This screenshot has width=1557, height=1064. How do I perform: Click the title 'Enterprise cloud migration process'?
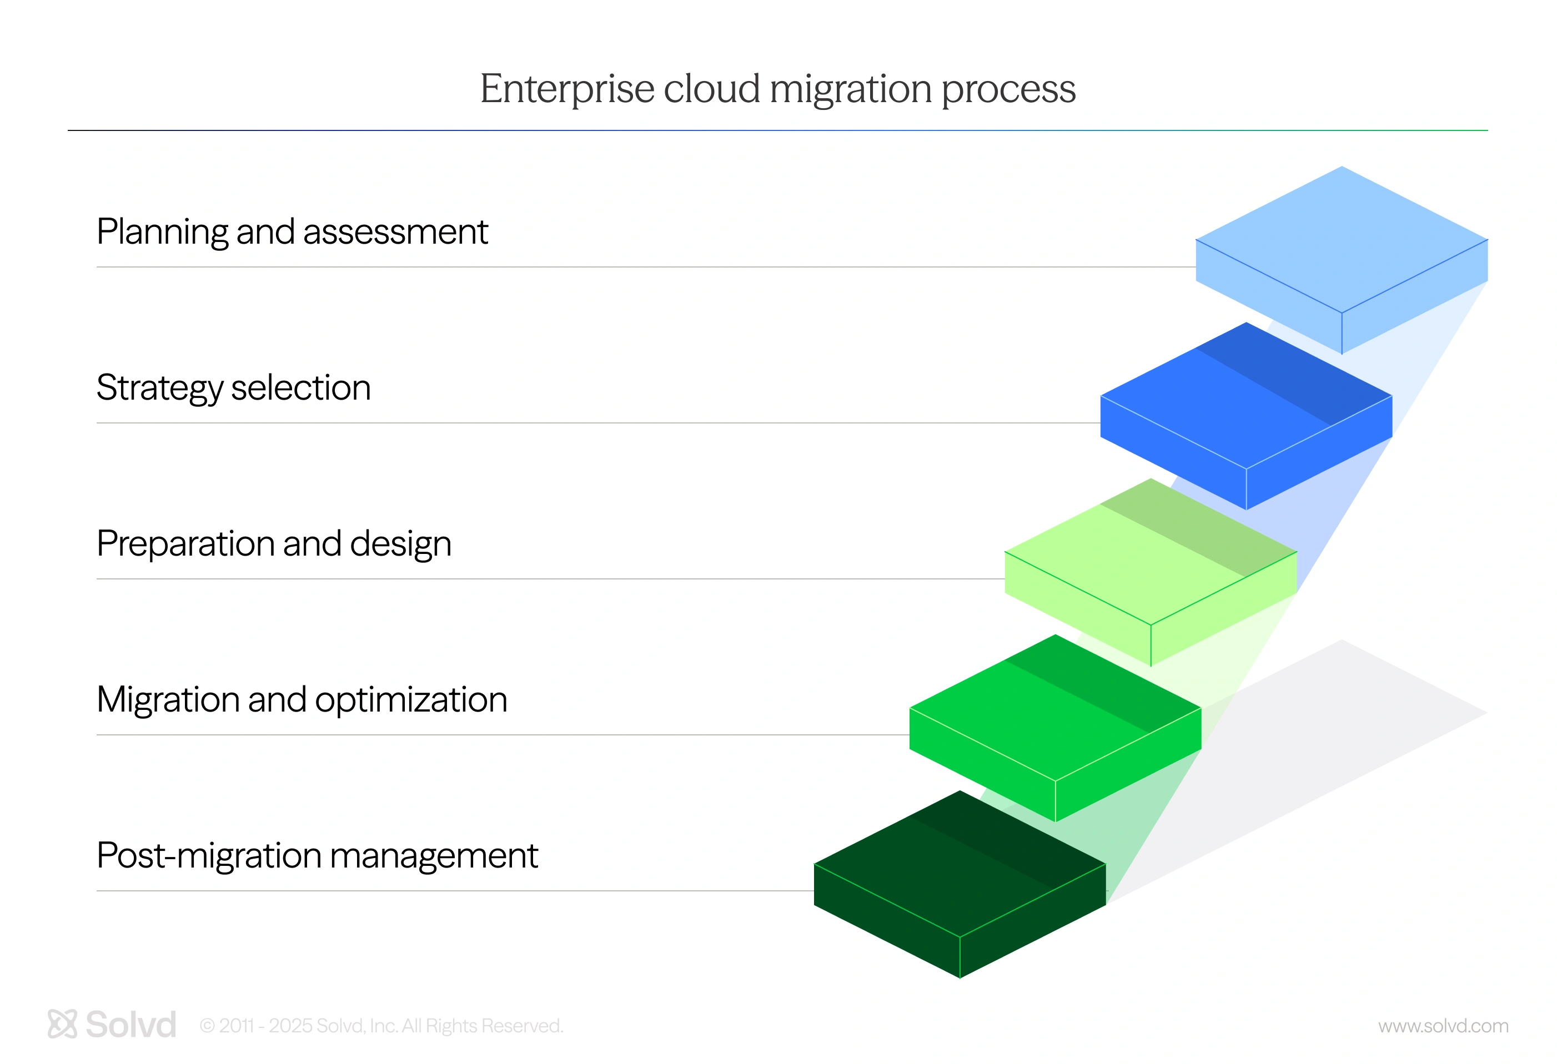pyautogui.click(x=778, y=89)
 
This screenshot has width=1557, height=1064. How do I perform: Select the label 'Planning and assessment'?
pyautogui.click(x=292, y=231)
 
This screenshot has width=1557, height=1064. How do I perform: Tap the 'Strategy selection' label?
pyautogui.click(x=233, y=389)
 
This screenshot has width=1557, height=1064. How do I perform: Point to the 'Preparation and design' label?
pyautogui.click(x=274, y=544)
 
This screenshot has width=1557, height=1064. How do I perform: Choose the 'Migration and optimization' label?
pyautogui.click(x=302, y=700)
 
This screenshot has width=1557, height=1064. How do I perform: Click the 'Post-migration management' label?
pyautogui.click(x=318, y=856)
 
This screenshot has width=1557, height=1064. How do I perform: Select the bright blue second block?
pyautogui.click(x=1246, y=416)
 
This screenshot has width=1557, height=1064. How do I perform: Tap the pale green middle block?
pyautogui.click(x=1151, y=572)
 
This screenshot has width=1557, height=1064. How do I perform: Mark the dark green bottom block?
pyautogui.click(x=960, y=884)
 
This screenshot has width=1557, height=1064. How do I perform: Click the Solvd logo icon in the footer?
pyautogui.click(x=62, y=1024)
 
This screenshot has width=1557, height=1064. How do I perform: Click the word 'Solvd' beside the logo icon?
pyautogui.click(x=131, y=1025)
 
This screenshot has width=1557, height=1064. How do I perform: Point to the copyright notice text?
pyautogui.click(x=382, y=1026)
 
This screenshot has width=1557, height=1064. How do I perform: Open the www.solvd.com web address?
pyautogui.click(x=1443, y=1026)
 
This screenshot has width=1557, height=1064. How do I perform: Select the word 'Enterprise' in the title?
pyautogui.click(x=567, y=89)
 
